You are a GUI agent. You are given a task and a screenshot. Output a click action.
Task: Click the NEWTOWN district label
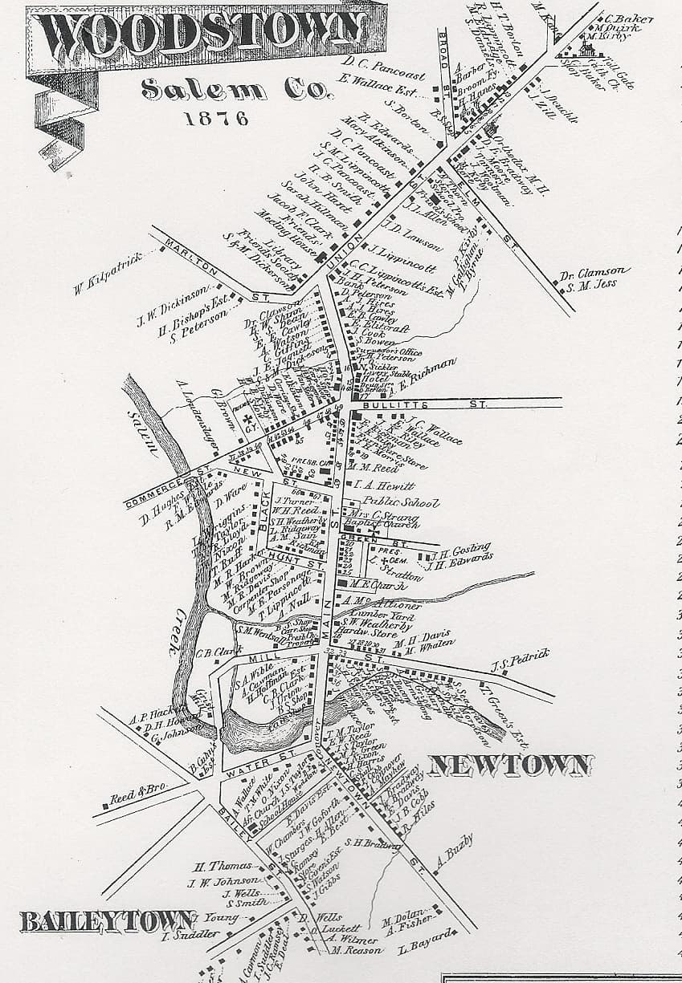pos(511,765)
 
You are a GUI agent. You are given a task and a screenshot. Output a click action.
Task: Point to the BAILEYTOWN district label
pos(96,921)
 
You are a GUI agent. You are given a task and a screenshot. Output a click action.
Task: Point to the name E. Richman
pos(429,373)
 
